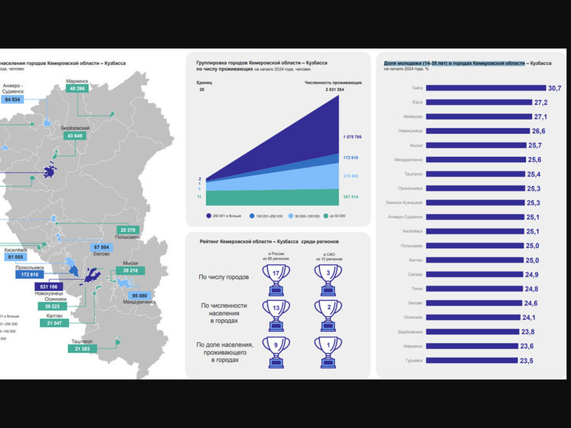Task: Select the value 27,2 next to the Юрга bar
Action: [541, 103]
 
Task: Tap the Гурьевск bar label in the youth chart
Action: [413, 360]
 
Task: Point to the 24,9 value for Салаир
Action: [530, 274]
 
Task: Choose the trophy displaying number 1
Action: [328, 351]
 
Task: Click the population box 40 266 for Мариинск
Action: [77, 89]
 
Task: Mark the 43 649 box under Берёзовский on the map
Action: [74, 136]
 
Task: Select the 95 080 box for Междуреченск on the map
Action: [139, 296]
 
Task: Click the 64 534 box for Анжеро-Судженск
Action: [12, 100]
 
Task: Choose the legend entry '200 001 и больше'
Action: [228, 216]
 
